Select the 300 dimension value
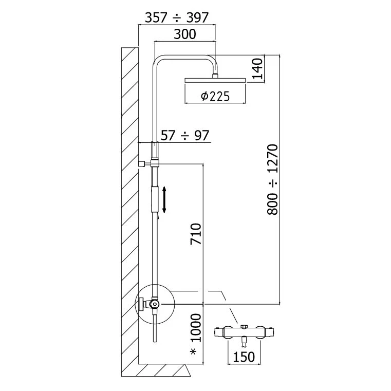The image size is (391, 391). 185,34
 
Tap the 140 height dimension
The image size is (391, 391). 258,69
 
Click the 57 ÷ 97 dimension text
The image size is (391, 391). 185,136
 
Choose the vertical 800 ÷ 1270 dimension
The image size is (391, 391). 272,180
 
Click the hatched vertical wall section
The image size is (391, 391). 129,206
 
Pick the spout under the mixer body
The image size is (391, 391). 243,341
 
